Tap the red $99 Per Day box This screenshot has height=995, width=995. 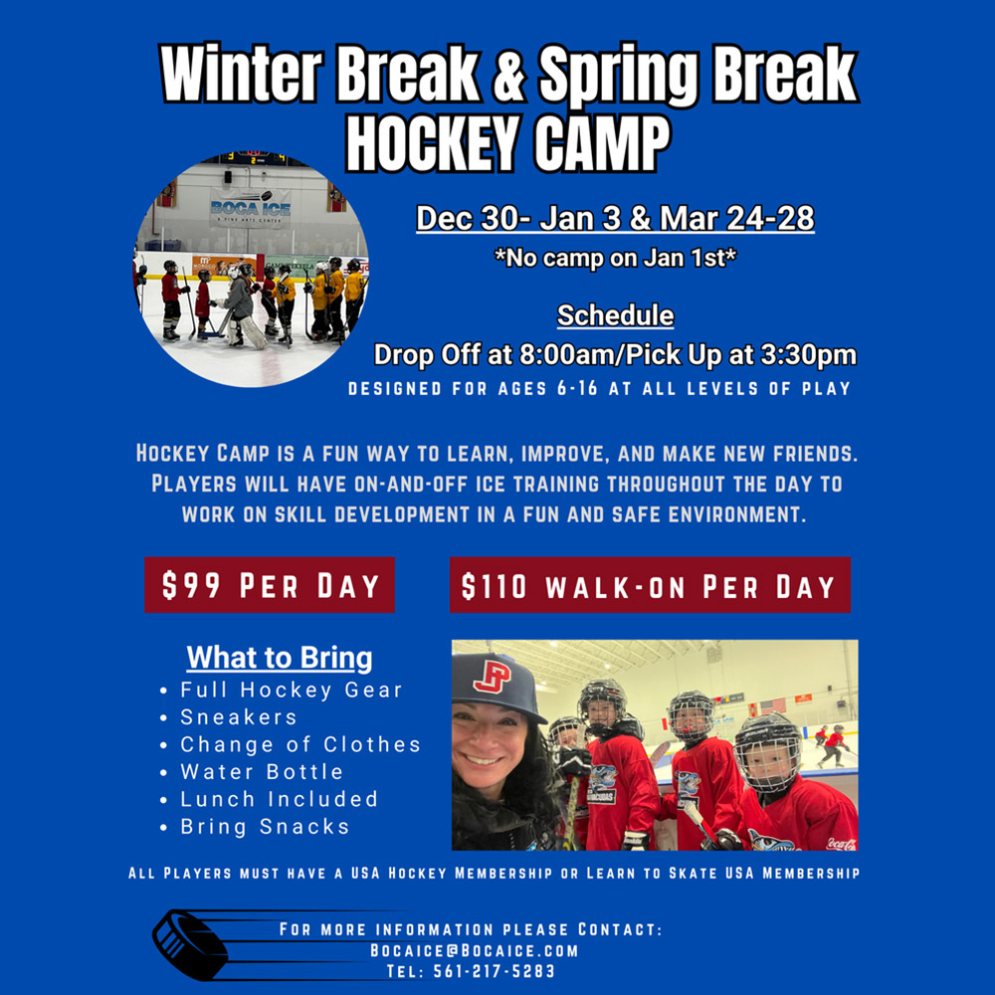[270, 585]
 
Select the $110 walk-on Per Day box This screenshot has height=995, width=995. [650, 585]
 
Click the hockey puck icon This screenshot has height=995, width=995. [189, 942]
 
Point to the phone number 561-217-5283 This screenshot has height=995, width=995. [494, 971]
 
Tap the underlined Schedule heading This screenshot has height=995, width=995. [615, 316]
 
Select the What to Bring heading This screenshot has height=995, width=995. [280, 658]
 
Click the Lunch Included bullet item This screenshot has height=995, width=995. [279, 799]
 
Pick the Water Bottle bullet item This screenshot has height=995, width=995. [261, 772]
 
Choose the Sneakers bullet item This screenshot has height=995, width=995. [238, 717]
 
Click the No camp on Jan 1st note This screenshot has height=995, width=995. [615, 258]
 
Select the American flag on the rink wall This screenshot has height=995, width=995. [772, 704]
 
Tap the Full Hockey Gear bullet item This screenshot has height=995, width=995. [291, 690]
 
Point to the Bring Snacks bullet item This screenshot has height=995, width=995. [264, 827]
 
